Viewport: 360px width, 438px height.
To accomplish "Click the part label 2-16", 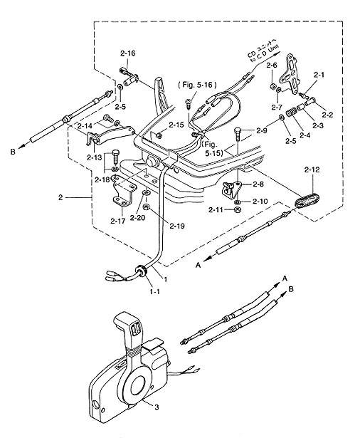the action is click(128, 53).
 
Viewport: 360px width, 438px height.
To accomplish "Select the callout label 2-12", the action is click(312, 170).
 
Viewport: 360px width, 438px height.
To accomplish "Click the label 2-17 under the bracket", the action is click(118, 221).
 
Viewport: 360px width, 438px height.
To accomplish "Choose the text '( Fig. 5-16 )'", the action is click(197, 84).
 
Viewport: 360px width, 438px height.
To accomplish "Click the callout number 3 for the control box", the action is click(157, 407).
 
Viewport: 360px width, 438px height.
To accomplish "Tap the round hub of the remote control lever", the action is click(137, 385).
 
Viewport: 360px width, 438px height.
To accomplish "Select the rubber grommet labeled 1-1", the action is click(141, 271).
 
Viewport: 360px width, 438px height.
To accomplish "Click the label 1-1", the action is click(154, 292).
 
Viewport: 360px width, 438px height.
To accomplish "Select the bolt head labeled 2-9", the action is click(237, 130).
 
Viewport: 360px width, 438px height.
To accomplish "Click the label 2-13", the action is click(95, 157).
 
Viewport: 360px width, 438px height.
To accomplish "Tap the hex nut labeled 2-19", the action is click(145, 207).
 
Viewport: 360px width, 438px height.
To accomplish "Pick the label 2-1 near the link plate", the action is click(319, 75).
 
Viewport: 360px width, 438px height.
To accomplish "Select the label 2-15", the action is click(176, 125).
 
